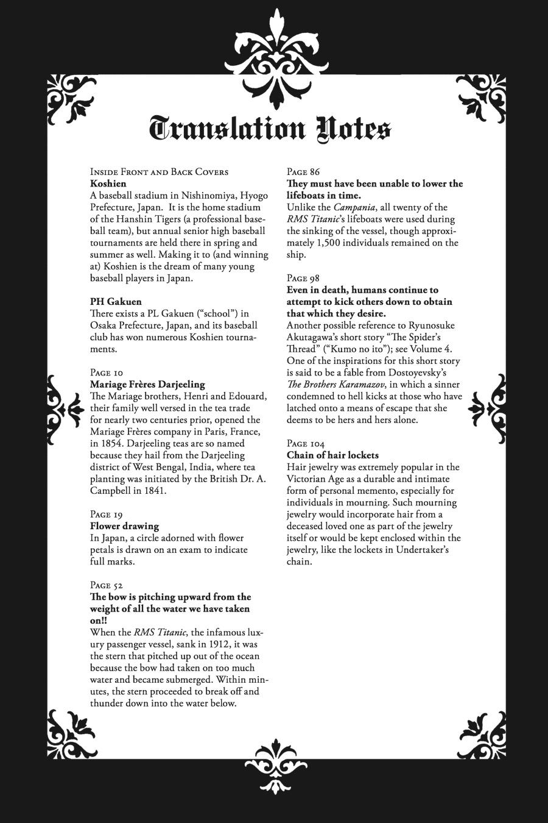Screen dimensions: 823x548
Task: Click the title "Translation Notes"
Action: click(x=270, y=129)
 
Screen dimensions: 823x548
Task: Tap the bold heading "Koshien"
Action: click(x=108, y=183)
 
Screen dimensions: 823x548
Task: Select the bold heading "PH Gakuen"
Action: click(x=116, y=302)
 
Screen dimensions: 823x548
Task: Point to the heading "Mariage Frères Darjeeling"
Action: click(x=147, y=385)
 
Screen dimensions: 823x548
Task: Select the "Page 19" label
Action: click(x=107, y=515)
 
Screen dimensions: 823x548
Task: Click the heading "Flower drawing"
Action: click(x=124, y=526)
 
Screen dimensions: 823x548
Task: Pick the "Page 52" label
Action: click(x=107, y=585)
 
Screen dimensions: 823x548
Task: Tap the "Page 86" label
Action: click(x=303, y=172)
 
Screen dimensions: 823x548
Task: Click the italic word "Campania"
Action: click(x=356, y=207)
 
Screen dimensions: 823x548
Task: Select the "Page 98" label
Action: click(x=303, y=279)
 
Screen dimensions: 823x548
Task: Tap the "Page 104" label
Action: click(x=305, y=444)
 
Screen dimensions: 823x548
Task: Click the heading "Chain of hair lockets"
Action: click(x=332, y=455)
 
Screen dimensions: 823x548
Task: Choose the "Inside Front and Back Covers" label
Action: click(x=159, y=172)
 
